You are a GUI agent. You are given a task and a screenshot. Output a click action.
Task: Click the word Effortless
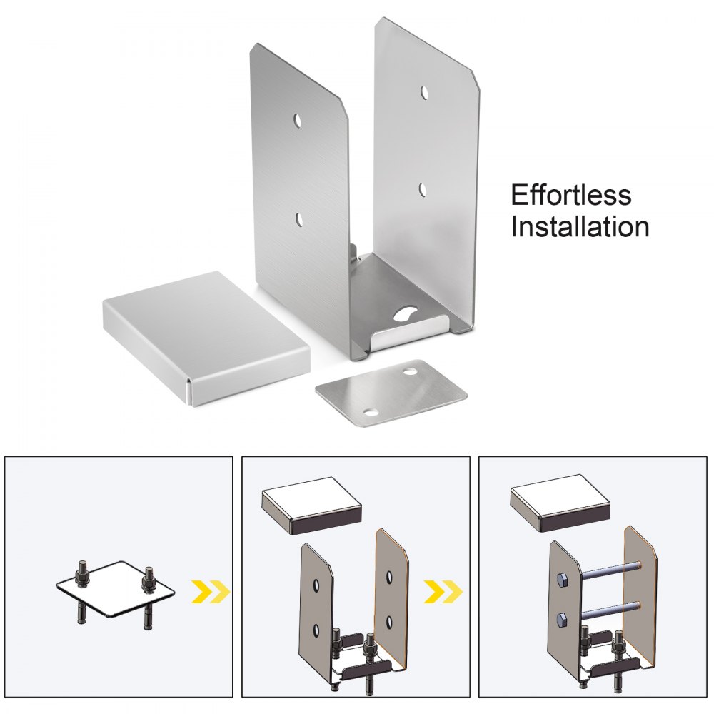pyautogui.click(x=570, y=195)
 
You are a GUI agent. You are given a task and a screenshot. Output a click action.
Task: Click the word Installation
pyautogui.click(x=579, y=227)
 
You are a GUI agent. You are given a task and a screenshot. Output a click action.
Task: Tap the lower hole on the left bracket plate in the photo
pyautogui.click(x=299, y=218)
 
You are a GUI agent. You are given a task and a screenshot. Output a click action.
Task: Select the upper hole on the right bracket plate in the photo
pyautogui.click(x=424, y=92)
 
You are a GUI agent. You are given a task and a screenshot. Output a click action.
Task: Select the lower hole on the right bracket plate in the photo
pyautogui.click(x=423, y=190)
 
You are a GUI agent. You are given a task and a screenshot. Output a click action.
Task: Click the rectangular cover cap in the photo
pyautogui.click(x=207, y=336)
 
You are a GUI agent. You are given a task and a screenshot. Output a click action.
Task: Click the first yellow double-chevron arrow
pyautogui.click(x=211, y=590)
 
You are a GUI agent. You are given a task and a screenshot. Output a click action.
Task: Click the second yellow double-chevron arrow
pyautogui.click(x=444, y=590)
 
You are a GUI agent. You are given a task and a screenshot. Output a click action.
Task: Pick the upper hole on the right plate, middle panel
pyautogui.click(x=389, y=575)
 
